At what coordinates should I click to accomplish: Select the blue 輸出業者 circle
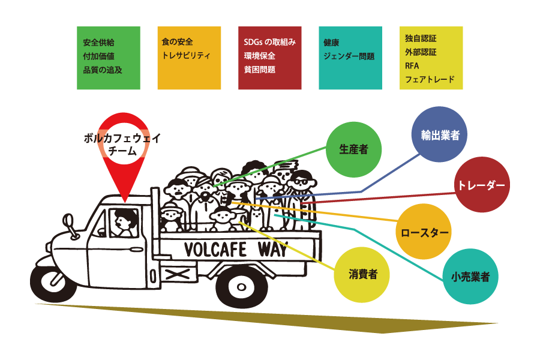439,135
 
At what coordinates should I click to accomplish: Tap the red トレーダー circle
482,185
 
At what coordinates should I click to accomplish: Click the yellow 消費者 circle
362,275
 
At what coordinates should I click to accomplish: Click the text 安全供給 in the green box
99,43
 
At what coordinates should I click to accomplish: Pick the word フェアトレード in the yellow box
430,79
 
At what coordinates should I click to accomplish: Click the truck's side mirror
69,223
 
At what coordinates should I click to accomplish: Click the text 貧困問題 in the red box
259,70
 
